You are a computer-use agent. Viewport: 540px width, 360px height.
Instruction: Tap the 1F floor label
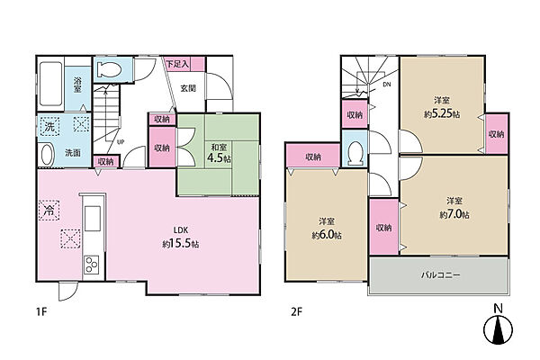click(x=41, y=312)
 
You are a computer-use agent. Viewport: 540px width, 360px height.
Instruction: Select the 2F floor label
click(x=296, y=312)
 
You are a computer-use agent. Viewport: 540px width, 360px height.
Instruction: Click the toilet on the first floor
click(x=109, y=70)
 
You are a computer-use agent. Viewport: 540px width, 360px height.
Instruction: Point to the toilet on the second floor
click(x=355, y=154)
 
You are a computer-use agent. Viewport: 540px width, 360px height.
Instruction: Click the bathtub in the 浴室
click(x=50, y=84)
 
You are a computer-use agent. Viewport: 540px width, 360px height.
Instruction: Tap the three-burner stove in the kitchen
click(x=92, y=265)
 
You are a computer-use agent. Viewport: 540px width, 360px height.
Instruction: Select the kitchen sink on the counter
click(x=93, y=219)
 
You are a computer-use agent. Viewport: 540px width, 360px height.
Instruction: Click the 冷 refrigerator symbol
click(x=49, y=210)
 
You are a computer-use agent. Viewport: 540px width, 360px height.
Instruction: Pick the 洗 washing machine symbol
click(x=49, y=126)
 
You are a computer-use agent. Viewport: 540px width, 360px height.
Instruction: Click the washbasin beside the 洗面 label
click(x=48, y=155)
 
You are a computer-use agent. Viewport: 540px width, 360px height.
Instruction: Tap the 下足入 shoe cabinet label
click(x=177, y=64)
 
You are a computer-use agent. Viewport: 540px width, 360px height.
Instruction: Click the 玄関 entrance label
click(x=188, y=88)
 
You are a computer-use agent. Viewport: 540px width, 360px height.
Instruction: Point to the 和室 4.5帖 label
click(x=219, y=153)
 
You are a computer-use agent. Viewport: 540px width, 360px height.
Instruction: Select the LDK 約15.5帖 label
click(x=181, y=237)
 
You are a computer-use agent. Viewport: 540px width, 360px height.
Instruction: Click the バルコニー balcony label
click(x=441, y=274)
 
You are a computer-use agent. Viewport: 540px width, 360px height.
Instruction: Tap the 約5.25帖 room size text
click(x=442, y=113)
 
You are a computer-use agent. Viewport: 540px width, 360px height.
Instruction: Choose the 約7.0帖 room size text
click(x=454, y=214)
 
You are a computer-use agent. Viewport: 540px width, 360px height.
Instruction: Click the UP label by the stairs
click(x=121, y=141)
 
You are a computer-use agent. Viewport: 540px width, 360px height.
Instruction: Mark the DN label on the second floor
click(x=387, y=84)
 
